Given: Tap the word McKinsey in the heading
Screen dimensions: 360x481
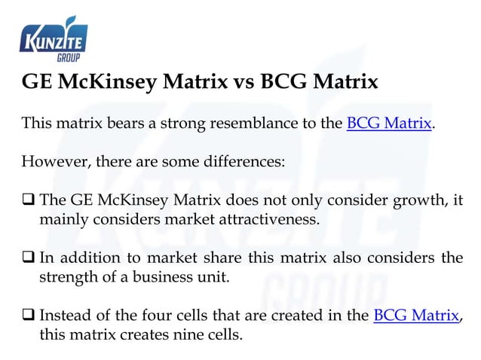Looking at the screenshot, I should pos(118,81).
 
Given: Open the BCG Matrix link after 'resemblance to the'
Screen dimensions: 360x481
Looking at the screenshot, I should pos(389,124).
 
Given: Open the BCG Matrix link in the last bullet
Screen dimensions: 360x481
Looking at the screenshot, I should pos(416,315).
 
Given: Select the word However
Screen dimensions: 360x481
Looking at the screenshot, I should pos(51,162).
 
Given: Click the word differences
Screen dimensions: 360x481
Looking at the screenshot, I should pos(240,162).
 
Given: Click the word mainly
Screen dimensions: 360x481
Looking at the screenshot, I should pos(62,219).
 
